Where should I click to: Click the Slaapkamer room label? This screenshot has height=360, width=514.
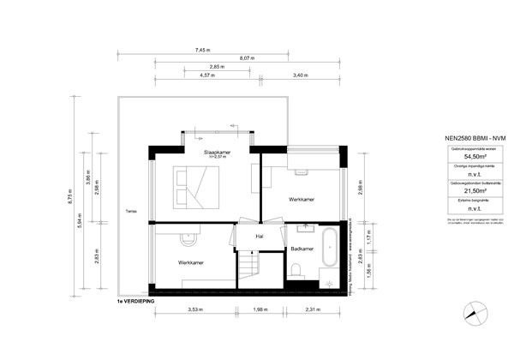click(x=208, y=151)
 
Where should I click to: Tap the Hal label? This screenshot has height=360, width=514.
click(x=259, y=235)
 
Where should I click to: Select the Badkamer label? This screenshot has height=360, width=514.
click(x=302, y=249)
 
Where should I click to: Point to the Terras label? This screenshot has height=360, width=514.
click(x=130, y=211)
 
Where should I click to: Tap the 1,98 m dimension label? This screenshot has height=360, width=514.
click(x=260, y=310)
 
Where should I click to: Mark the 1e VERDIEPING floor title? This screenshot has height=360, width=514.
click(x=140, y=302)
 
